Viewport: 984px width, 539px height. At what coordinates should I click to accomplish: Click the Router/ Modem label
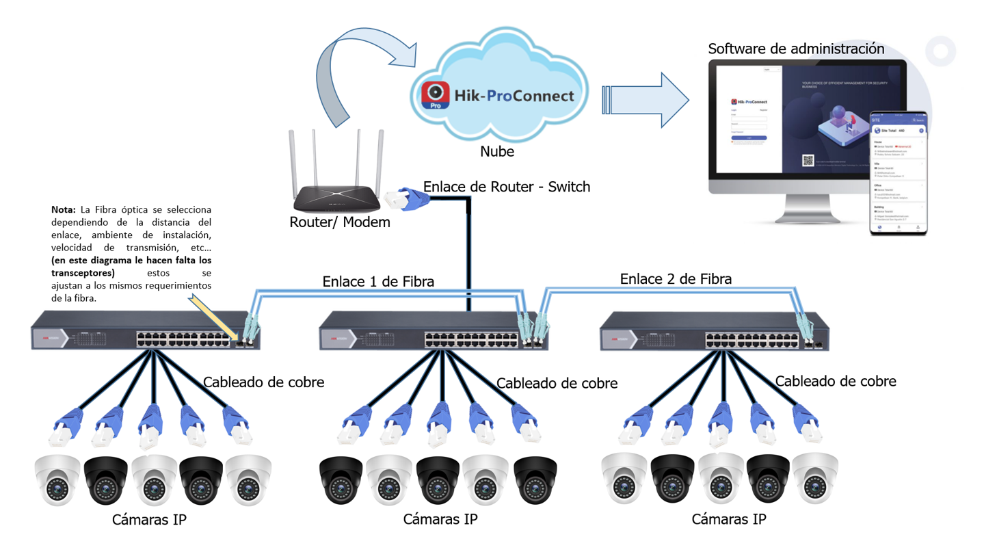click(330, 222)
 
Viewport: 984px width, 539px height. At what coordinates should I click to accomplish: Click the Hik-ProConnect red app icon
click(435, 96)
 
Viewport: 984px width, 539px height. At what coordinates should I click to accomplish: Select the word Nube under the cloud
click(497, 151)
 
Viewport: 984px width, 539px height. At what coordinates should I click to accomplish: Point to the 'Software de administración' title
click(796, 49)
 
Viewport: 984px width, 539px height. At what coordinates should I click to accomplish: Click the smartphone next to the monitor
click(898, 174)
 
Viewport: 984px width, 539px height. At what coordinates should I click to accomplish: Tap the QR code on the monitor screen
click(808, 161)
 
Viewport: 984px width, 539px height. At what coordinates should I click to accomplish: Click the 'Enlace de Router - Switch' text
click(506, 186)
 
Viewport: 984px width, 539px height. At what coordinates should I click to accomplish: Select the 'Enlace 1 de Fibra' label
click(378, 280)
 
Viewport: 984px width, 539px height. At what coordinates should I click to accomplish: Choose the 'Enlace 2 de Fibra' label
click(676, 278)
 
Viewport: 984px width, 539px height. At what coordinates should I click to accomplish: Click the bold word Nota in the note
click(64, 209)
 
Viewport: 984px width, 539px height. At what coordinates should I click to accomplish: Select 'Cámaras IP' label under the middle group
click(440, 519)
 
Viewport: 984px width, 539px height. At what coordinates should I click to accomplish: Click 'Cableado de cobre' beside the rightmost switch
click(835, 381)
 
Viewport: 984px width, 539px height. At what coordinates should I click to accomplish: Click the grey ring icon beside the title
click(941, 51)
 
